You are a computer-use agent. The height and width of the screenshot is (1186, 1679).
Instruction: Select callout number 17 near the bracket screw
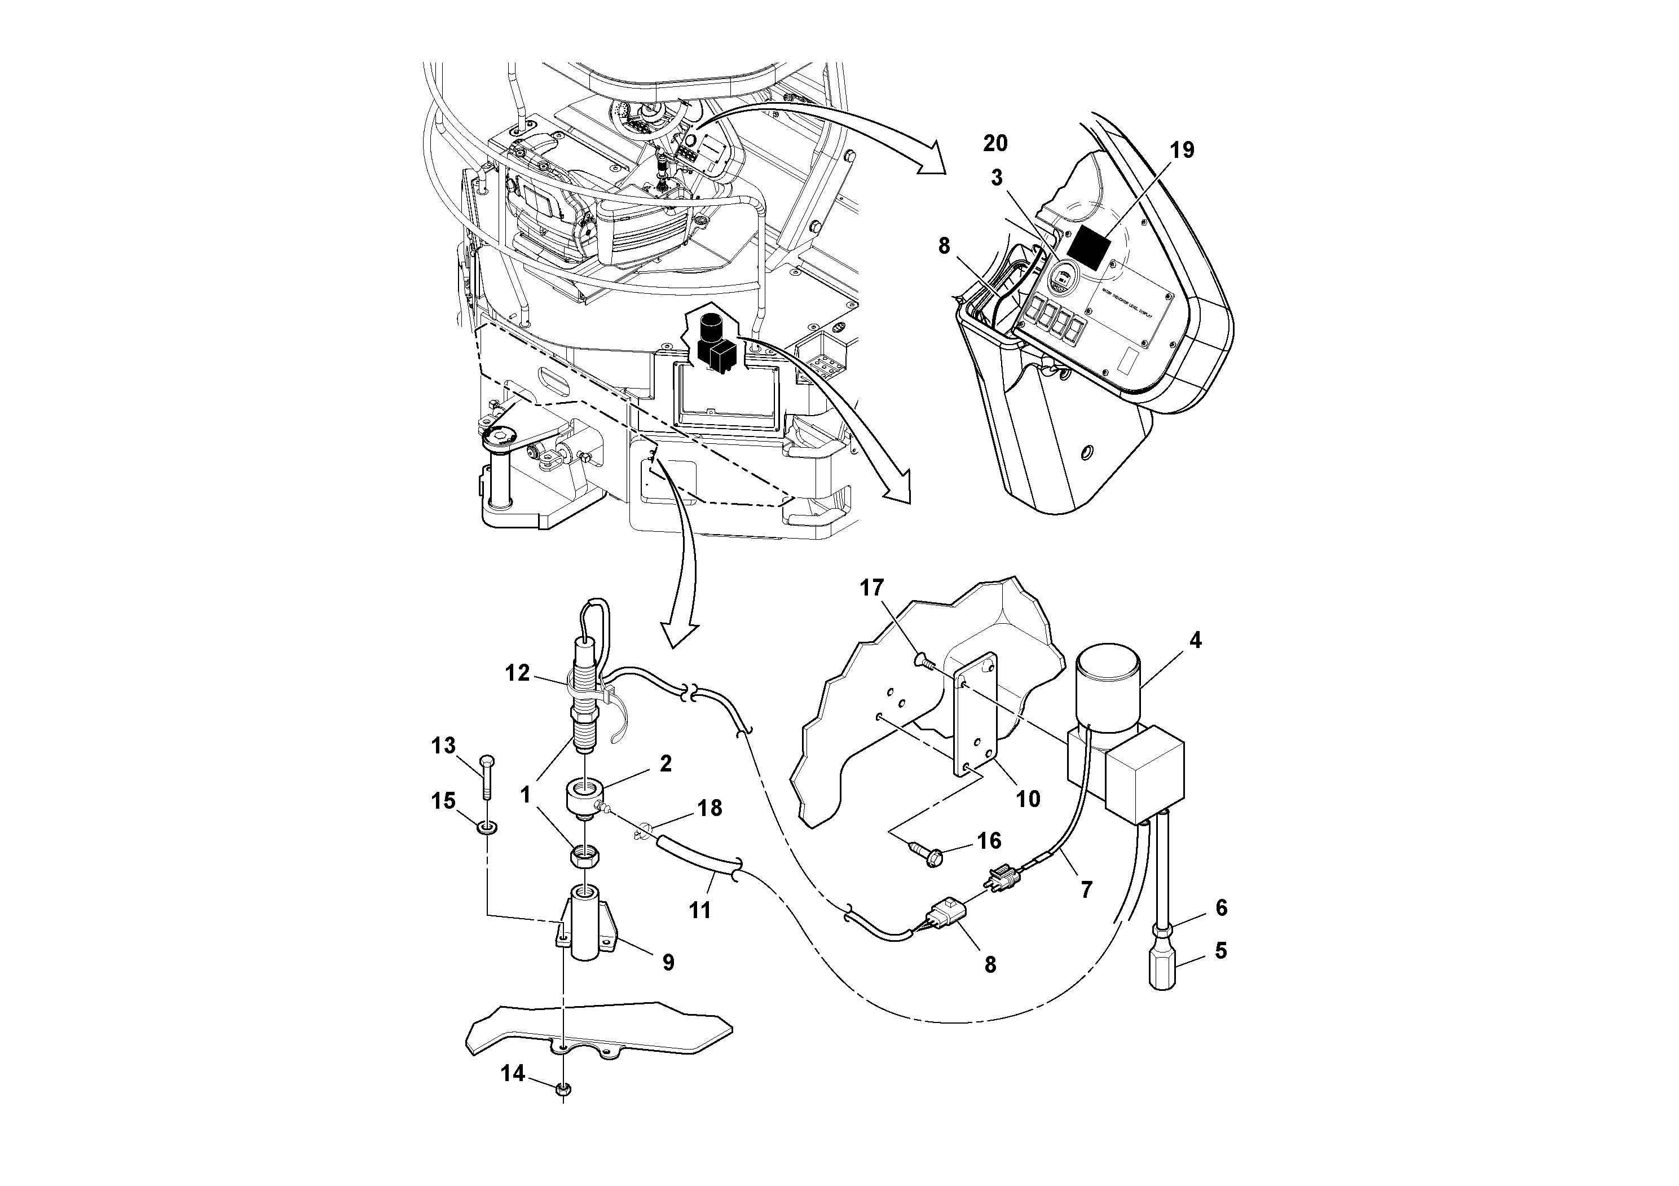tap(872, 588)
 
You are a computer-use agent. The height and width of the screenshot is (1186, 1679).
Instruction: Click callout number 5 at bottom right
tap(1220, 951)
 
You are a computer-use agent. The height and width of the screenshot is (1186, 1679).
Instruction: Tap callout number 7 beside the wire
tap(1086, 889)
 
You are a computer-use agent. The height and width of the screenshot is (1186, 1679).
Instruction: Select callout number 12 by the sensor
tap(517, 673)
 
